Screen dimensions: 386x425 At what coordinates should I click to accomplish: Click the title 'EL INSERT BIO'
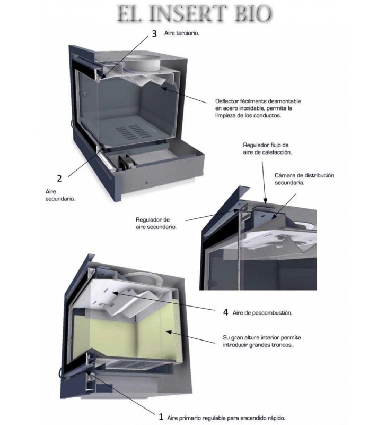[194, 14]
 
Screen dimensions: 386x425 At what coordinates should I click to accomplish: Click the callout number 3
[154, 33]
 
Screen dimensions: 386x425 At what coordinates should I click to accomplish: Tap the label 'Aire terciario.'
[181, 33]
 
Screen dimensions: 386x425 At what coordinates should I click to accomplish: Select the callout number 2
[59, 178]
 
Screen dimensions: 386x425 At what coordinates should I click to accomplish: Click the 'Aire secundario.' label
[60, 195]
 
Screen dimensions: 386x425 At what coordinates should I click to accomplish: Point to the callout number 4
[225, 312]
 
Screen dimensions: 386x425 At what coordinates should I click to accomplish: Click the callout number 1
[161, 416]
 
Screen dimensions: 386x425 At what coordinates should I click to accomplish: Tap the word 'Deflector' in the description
[227, 101]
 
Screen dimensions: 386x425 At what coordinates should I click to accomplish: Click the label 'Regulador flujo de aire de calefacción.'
[267, 149]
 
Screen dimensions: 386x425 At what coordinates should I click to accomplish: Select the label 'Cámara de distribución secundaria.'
[304, 179]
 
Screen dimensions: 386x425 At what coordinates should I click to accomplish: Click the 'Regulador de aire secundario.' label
[156, 223]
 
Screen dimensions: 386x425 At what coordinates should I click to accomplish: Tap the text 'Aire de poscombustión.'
[262, 313]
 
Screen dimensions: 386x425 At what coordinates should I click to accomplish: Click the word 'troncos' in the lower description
[283, 345]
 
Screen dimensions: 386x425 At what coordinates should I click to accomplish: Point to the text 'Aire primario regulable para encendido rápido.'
[226, 418]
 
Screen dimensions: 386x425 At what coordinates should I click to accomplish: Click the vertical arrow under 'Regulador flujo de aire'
[264, 182]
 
